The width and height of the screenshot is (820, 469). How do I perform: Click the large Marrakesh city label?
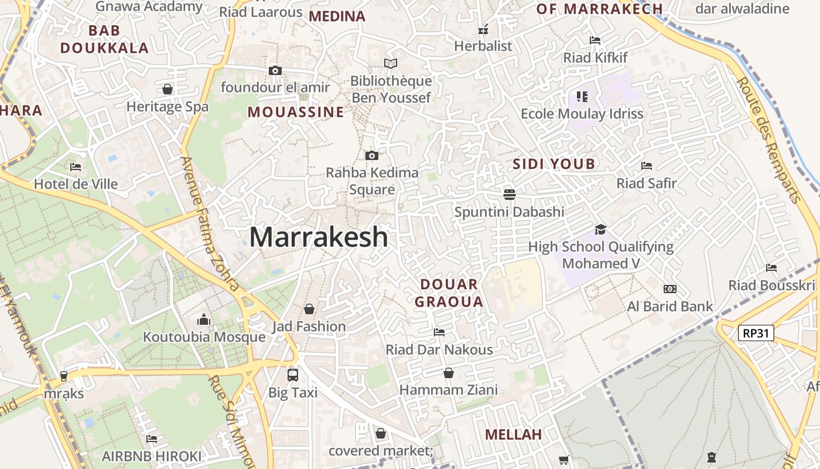(319, 237)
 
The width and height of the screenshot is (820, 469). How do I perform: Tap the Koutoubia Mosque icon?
(204, 320)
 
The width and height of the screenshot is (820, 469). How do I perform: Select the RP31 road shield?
(756, 334)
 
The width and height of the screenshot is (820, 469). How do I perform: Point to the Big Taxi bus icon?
(292, 375)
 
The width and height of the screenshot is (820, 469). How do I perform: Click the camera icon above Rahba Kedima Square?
(372, 155)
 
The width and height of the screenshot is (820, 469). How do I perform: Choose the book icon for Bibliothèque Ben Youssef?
(391, 63)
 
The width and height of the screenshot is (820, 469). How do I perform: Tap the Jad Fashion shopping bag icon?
(309, 309)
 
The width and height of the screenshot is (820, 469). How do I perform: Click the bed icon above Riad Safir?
(647, 166)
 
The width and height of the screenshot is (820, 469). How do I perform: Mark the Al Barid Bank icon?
(670, 289)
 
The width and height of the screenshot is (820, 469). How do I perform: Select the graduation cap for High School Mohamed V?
(600, 229)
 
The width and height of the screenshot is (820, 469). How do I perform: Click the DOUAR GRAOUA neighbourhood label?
(449, 293)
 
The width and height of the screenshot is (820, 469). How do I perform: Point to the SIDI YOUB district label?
(553, 164)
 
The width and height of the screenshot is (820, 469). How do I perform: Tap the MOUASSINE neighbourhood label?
(296, 112)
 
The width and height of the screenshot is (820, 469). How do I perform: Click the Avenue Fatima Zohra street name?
(209, 223)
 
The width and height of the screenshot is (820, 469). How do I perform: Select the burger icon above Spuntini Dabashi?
(509, 194)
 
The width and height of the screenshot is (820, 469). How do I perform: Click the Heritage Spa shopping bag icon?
(168, 89)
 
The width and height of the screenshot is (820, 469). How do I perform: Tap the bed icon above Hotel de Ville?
(76, 167)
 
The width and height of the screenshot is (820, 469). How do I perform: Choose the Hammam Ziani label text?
(449, 390)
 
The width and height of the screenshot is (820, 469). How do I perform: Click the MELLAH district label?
(514, 434)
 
